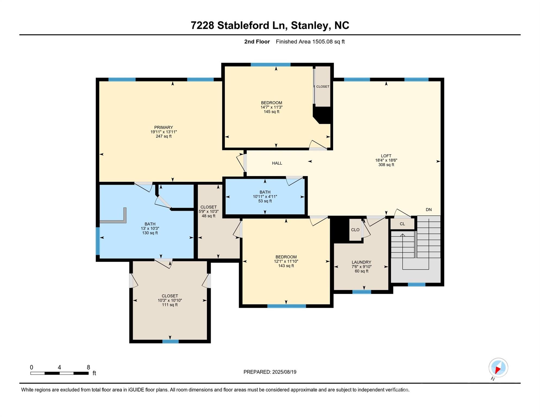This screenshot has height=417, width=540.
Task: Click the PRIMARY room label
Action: [x=164, y=127]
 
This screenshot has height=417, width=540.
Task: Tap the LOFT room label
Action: [x=386, y=156]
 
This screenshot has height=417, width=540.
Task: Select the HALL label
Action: [x=277, y=163]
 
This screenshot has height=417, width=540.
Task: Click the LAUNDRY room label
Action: [x=361, y=262]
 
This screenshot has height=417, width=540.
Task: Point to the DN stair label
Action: [x=429, y=210]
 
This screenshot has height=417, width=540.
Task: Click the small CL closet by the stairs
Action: [x=402, y=224]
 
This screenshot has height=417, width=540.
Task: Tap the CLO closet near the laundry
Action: [x=355, y=230]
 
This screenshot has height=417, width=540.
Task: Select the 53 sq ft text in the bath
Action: [x=265, y=201]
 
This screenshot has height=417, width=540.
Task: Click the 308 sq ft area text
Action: [x=386, y=165]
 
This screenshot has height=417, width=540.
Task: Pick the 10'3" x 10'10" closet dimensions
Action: [x=170, y=301]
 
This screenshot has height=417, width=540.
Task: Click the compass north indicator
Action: [x=498, y=368]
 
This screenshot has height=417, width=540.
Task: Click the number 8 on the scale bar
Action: [x=88, y=367]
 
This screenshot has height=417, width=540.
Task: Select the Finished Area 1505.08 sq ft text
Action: [x=310, y=42]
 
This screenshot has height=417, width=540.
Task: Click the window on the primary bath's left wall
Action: [x=98, y=241]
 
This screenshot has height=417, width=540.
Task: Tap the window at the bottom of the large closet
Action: [x=170, y=342]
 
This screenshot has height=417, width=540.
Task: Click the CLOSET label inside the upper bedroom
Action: [x=323, y=87]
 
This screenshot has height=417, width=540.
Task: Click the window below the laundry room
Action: [x=362, y=292]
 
